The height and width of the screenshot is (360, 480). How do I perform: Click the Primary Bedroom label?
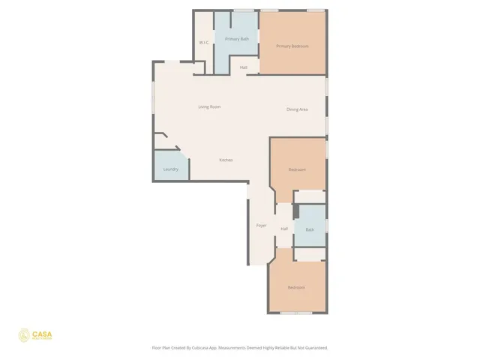click(x=292, y=46)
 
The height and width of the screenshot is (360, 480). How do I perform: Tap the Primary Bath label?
click(x=236, y=38)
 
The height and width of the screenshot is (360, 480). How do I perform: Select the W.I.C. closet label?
click(x=203, y=43)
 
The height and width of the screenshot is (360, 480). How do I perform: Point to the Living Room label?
click(x=209, y=106)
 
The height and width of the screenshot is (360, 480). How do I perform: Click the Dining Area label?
click(x=297, y=109)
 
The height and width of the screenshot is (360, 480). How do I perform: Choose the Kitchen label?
click(x=226, y=160)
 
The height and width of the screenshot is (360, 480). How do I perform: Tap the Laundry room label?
click(x=170, y=169)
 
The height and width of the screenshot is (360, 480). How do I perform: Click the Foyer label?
click(x=261, y=225)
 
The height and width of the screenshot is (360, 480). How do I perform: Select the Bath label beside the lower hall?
click(x=309, y=229)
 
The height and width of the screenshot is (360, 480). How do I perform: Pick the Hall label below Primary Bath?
click(x=244, y=67)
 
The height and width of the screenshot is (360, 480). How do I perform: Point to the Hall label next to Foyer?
click(x=284, y=229)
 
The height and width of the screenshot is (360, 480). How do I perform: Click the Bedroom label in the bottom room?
click(x=296, y=287)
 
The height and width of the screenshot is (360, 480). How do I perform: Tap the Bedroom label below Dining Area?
click(x=297, y=169)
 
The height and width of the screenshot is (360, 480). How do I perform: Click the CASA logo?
click(x=34, y=335)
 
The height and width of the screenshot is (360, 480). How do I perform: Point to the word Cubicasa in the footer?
click(x=197, y=348)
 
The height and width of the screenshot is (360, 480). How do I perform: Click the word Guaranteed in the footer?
click(x=316, y=348)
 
